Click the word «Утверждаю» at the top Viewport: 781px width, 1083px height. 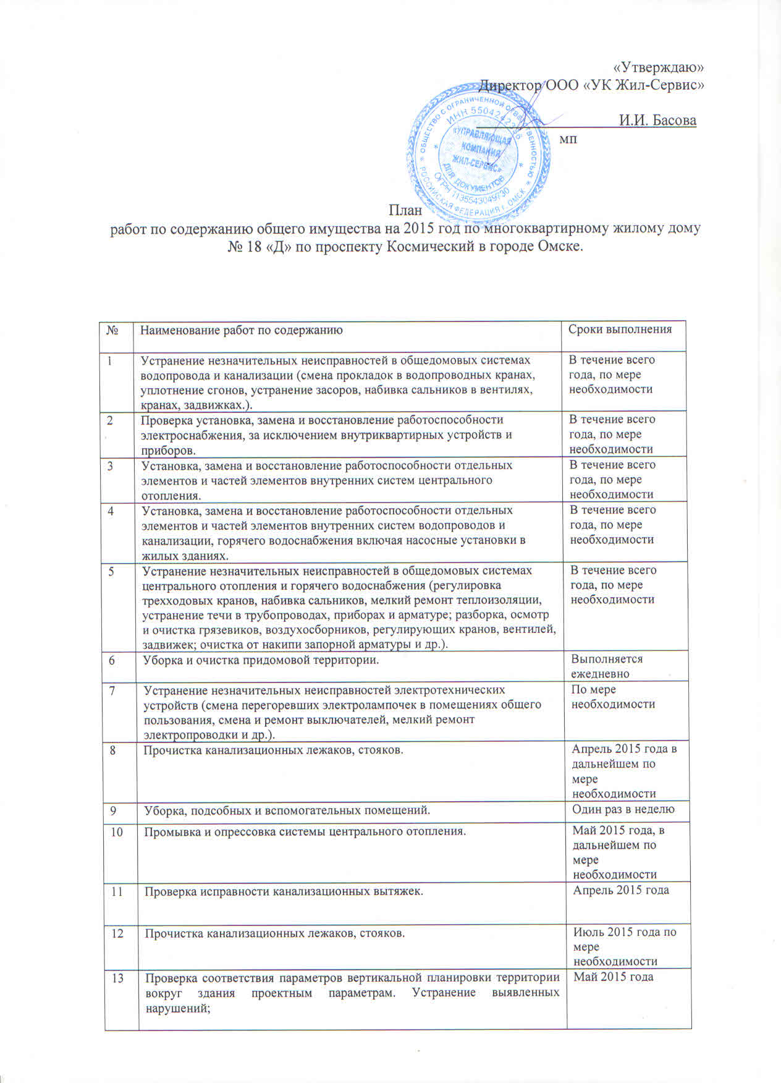(x=659, y=67)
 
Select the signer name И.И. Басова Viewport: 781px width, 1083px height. (x=657, y=120)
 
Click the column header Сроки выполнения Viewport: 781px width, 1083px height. (x=620, y=329)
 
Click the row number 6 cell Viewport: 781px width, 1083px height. (x=112, y=660)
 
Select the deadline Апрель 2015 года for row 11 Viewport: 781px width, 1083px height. (x=621, y=890)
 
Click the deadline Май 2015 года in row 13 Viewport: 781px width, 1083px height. (x=614, y=977)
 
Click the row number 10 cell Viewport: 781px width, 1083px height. (x=116, y=831)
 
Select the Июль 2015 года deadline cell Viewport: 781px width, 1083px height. (x=625, y=946)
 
